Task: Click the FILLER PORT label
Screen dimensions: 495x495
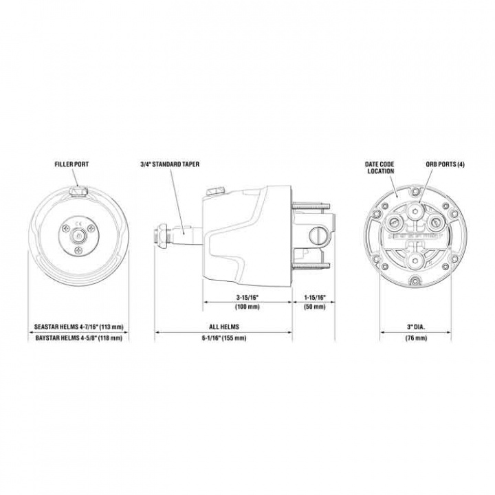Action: pos(71,165)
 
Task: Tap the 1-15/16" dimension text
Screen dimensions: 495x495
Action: pos(314,297)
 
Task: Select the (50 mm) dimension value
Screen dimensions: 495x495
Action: pos(314,307)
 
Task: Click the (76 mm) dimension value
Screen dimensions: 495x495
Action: pos(415,338)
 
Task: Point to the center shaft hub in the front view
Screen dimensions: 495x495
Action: pos(77,234)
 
